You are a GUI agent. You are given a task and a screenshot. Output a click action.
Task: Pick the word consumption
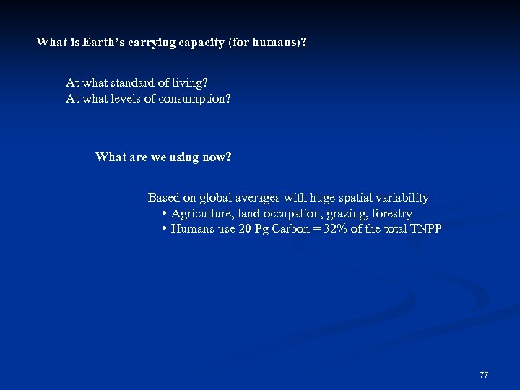click(195, 99)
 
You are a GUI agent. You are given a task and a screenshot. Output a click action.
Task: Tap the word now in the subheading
click(218, 157)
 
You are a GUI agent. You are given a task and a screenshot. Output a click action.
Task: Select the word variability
click(401, 197)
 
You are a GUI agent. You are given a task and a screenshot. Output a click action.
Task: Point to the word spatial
click(348, 197)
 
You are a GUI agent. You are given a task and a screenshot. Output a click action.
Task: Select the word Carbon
click(292, 229)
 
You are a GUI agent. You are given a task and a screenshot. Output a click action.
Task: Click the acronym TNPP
click(425, 229)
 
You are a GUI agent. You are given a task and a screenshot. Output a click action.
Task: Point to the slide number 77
click(484, 375)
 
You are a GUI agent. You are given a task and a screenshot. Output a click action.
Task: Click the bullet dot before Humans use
click(165, 229)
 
